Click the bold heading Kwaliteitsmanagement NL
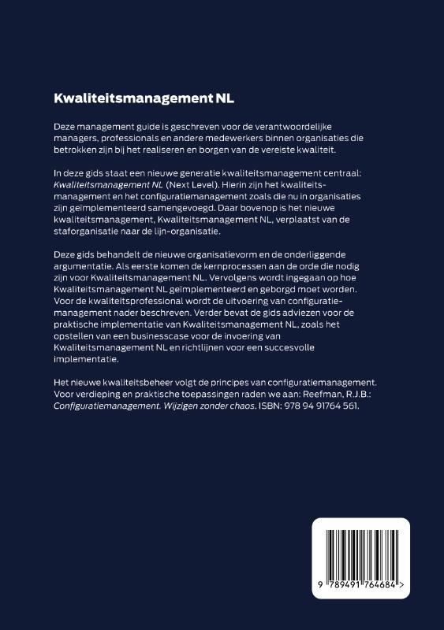pyautogui.click(x=144, y=100)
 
